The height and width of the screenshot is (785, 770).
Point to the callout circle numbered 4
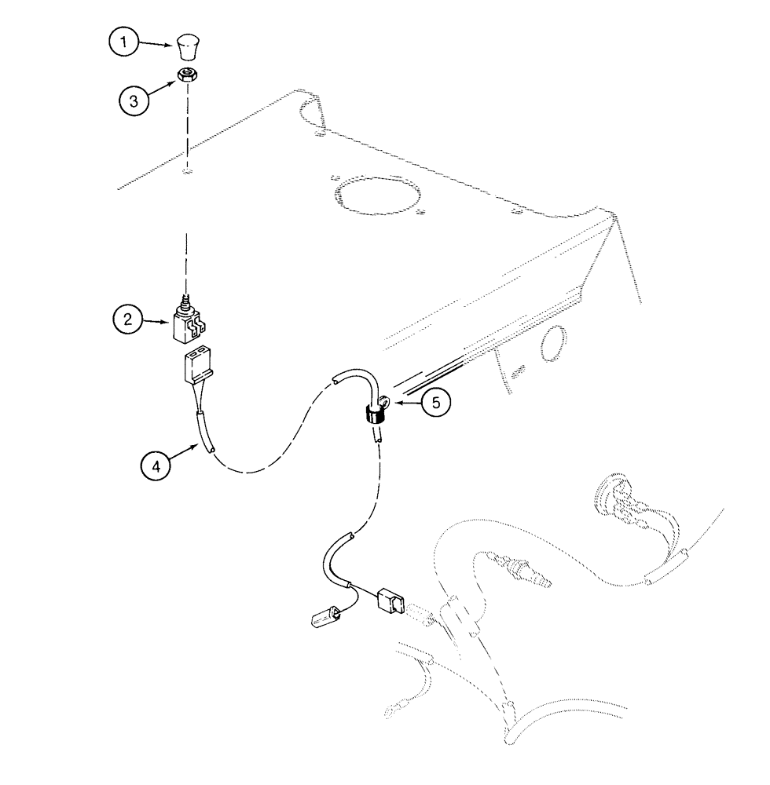[156, 466]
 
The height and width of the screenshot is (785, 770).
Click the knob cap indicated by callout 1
[187, 47]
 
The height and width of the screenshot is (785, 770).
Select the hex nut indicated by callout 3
[186, 75]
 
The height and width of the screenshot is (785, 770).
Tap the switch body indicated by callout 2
[187, 324]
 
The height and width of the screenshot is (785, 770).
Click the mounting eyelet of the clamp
[385, 405]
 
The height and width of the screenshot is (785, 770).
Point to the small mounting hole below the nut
[185, 170]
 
